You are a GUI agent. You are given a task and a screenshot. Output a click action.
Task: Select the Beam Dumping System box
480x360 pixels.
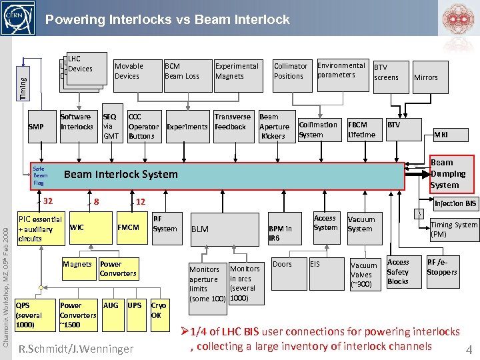(x=451, y=173)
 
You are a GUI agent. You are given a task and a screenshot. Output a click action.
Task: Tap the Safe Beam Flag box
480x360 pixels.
(x=41, y=175)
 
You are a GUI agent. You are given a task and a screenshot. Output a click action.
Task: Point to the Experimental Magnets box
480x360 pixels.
(x=237, y=71)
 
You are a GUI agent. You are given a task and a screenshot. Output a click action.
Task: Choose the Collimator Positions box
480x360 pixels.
(x=291, y=71)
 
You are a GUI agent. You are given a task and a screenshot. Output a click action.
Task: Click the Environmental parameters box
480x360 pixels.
(x=341, y=70)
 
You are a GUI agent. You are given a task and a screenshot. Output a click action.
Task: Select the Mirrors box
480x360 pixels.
(x=426, y=77)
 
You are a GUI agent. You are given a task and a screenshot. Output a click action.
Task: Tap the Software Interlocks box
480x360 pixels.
(x=77, y=122)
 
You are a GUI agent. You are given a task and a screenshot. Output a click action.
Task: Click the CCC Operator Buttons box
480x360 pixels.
(x=143, y=126)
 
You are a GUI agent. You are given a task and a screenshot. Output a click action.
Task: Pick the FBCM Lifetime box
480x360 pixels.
(x=362, y=129)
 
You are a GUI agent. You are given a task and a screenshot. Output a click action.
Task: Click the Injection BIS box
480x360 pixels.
(x=455, y=203)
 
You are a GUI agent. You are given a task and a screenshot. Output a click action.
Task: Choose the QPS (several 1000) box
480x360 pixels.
(x=30, y=315)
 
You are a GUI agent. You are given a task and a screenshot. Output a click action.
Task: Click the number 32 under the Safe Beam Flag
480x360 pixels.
(x=47, y=201)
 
